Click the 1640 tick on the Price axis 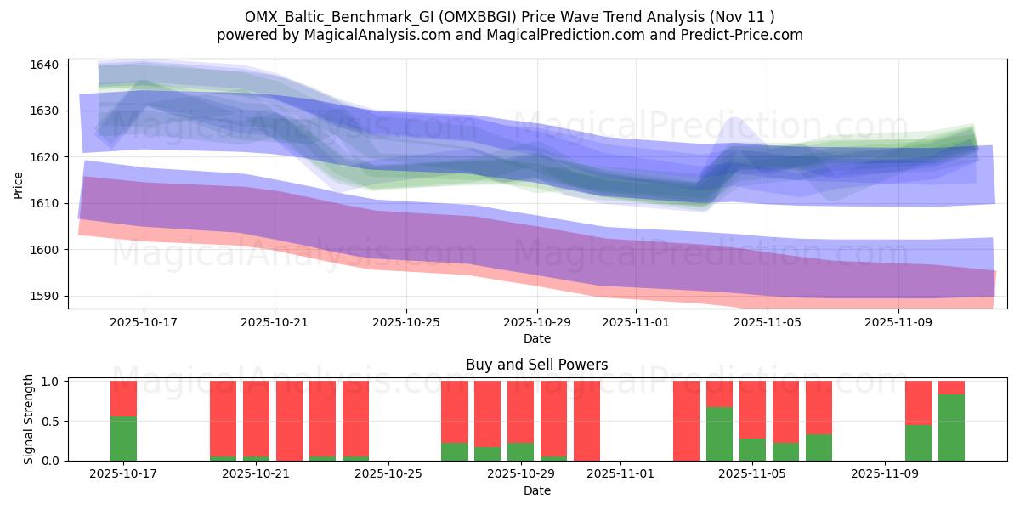[x=48, y=65]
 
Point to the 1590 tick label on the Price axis [x=48, y=296]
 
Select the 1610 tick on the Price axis [x=48, y=203]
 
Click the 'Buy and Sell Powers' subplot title [x=536, y=365]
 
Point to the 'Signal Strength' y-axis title [x=29, y=420]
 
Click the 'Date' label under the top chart [x=536, y=338]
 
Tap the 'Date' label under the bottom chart [x=536, y=490]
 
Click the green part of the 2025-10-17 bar [x=123, y=439]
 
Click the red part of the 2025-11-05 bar [x=752, y=409]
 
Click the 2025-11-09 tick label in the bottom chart [x=885, y=473]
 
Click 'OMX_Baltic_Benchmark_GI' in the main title [x=328, y=16]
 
